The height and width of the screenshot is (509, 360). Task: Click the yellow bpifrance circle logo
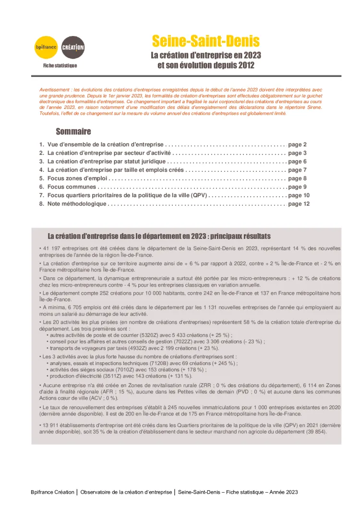point(46,47)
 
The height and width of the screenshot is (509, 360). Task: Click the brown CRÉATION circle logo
point(73,47)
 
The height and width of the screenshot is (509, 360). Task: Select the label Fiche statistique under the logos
point(60,66)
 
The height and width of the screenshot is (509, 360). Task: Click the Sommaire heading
point(73,131)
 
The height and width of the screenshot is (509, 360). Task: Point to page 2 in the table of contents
point(297,144)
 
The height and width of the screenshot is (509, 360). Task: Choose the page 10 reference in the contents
point(299,195)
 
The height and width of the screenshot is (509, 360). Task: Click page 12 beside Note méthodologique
point(299,204)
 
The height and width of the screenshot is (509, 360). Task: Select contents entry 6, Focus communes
point(72,187)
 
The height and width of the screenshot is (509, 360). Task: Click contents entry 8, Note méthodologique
point(77,204)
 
